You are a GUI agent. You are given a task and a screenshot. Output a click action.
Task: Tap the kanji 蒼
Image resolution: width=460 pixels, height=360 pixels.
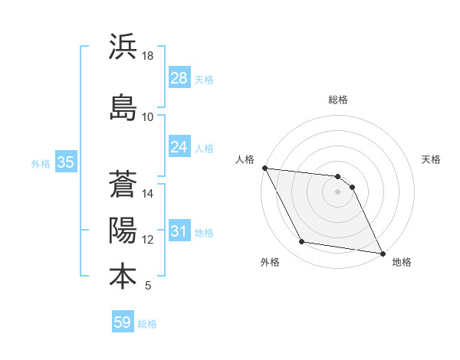click(x=123, y=185)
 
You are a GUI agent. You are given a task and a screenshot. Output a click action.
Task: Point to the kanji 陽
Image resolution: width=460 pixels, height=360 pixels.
click(x=123, y=231)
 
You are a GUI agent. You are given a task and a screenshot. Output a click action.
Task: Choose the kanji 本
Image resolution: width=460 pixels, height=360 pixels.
click(x=123, y=276)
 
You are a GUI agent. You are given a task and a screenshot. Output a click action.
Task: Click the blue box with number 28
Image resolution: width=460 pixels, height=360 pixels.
click(x=179, y=78)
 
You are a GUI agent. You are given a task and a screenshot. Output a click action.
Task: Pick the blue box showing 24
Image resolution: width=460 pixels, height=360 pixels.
click(x=179, y=147)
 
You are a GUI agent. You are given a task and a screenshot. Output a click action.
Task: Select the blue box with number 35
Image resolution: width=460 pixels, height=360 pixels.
click(x=65, y=162)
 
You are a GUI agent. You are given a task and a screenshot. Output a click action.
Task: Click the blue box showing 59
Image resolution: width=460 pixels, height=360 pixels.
click(x=123, y=322)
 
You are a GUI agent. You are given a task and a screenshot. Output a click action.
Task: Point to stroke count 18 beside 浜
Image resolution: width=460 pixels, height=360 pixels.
click(x=148, y=56)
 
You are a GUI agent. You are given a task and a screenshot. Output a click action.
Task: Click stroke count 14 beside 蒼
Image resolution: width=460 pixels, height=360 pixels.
click(x=148, y=194)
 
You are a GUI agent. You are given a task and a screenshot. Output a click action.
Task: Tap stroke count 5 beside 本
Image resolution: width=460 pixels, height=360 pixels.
click(x=148, y=286)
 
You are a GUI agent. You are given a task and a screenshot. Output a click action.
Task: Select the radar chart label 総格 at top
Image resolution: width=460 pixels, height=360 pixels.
click(x=338, y=100)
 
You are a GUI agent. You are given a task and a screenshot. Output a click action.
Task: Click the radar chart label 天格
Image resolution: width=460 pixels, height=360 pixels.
click(x=432, y=159)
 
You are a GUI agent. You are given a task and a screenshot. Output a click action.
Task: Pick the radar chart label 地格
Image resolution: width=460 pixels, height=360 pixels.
click(x=402, y=262)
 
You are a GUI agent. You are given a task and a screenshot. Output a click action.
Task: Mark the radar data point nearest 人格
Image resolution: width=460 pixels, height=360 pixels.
click(x=264, y=168)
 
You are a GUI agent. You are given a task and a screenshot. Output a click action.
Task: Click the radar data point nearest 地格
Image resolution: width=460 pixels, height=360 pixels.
click(x=382, y=252)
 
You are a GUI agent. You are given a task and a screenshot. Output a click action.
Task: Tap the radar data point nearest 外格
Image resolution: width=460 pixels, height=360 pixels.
click(x=302, y=242)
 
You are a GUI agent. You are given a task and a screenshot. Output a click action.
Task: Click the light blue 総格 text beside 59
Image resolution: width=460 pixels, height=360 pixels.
click(x=147, y=324)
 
